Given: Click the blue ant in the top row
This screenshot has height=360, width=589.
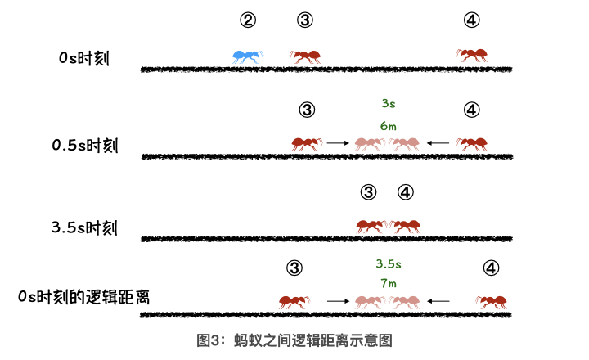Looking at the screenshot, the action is [x=248, y=56].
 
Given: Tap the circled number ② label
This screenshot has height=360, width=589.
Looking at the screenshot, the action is [x=248, y=20].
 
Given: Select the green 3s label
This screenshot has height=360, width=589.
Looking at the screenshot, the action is [x=389, y=103].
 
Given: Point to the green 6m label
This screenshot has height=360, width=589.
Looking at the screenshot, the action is [x=389, y=126].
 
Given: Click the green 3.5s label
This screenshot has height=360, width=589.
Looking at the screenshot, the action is [x=389, y=263].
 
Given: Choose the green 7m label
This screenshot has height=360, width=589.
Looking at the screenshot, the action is [x=389, y=283].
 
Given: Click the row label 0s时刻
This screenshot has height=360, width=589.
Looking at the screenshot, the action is [x=84, y=58].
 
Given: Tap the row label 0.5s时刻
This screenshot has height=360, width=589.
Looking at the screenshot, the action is [x=85, y=146].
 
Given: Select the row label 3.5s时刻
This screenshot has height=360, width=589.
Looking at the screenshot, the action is [x=84, y=227].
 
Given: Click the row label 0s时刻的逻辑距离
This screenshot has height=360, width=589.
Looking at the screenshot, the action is [x=83, y=297].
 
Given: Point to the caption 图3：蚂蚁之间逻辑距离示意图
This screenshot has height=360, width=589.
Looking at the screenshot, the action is [x=294, y=340].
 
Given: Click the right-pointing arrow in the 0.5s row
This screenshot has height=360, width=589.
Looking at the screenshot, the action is [x=338, y=143].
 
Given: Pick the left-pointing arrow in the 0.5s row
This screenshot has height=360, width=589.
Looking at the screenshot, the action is [x=438, y=143].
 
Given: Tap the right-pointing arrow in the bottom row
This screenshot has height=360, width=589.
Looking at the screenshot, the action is [x=338, y=301].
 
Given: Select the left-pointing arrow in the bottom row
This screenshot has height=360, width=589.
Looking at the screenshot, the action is [x=438, y=301].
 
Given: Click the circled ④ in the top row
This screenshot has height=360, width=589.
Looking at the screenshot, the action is [x=472, y=20].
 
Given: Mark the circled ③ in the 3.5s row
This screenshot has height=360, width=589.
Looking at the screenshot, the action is [x=368, y=192].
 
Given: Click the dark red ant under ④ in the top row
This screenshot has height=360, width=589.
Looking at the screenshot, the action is [x=472, y=56].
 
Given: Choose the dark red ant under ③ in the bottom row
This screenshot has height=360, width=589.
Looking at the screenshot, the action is [x=294, y=302].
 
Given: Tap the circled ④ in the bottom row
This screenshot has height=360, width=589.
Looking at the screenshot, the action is [x=491, y=268].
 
